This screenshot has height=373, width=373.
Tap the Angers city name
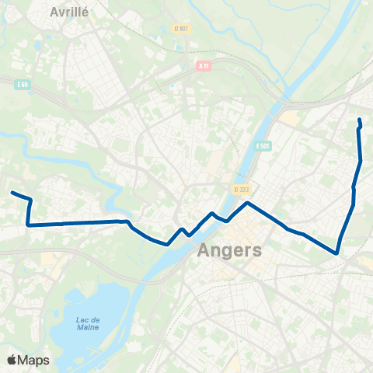click(x=230, y=250)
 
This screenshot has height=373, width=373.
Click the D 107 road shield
click(x=181, y=29)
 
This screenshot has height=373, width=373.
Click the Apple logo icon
click(x=12, y=360)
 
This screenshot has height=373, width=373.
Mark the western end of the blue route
click(x=12, y=193)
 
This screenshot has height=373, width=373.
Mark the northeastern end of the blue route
click(x=360, y=119)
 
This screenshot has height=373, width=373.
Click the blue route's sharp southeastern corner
click(x=336, y=253)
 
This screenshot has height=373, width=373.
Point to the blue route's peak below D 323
click(x=247, y=203)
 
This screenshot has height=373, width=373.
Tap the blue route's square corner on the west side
click(x=28, y=225)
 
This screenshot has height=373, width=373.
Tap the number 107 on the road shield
click(x=183, y=29)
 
